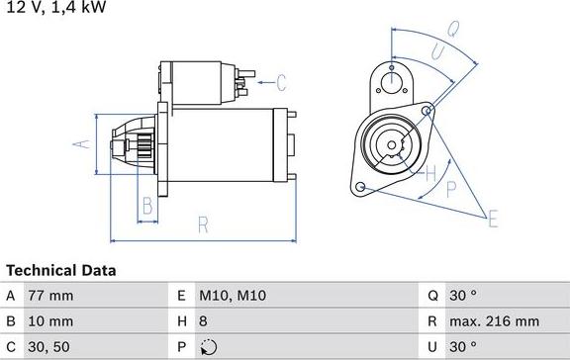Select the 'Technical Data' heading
61,270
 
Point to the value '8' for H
203,321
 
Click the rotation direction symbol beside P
207,347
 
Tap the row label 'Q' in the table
432,296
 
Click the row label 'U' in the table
432,347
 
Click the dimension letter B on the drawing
146,207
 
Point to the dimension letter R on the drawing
203,225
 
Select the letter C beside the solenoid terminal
280,82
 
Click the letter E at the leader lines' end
492,219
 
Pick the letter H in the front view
430,175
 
